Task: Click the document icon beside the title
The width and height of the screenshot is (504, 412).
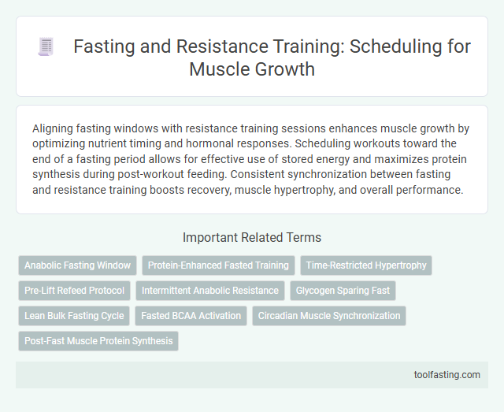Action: (46, 47)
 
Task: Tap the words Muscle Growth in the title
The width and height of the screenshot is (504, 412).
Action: (252, 69)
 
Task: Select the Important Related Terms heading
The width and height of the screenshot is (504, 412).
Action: (252, 237)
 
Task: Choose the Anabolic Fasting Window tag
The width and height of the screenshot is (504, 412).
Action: (78, 265)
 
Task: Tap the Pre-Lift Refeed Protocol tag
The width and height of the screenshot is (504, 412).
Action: (74, 291)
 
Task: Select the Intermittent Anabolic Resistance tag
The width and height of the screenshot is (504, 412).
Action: (210, 291)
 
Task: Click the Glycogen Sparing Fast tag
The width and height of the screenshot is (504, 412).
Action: (343, 291)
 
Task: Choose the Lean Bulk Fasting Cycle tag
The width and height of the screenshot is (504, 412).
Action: (74, 316)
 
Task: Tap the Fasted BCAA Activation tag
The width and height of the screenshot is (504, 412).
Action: (191, 316)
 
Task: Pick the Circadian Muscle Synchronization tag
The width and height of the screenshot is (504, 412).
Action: (329, 316)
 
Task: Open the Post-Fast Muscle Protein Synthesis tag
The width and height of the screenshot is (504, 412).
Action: (98, 341)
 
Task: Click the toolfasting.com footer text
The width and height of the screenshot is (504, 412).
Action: (447, 374)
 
